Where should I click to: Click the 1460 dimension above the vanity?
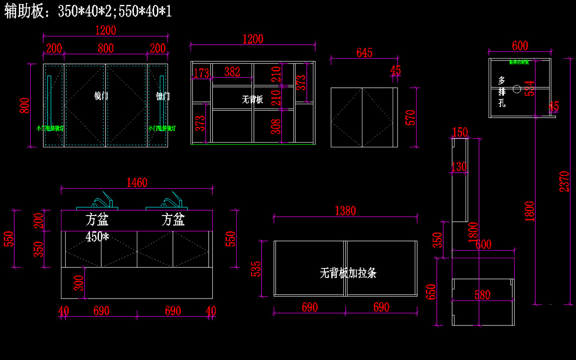click(137, 182)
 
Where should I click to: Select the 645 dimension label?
click(364, 53)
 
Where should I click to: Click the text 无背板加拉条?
click(348, 273)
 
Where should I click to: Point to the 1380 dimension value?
click(345, 211)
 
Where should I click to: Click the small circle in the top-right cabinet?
click(517, 89)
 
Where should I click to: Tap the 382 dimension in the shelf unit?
click(232, 72)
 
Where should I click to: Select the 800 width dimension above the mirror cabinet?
click(106, 48)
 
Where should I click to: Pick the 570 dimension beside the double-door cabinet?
click(410, 118)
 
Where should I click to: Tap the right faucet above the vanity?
click(171, 199)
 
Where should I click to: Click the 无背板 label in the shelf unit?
click(252, 99)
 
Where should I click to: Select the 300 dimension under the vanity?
click(79, 283)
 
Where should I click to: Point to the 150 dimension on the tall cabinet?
click(460, 132)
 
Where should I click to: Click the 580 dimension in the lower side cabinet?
click(482, 295)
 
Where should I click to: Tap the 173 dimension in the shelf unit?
click(201, 73)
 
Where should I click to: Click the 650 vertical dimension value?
click(431, 291)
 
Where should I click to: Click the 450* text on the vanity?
click(98, 237)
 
